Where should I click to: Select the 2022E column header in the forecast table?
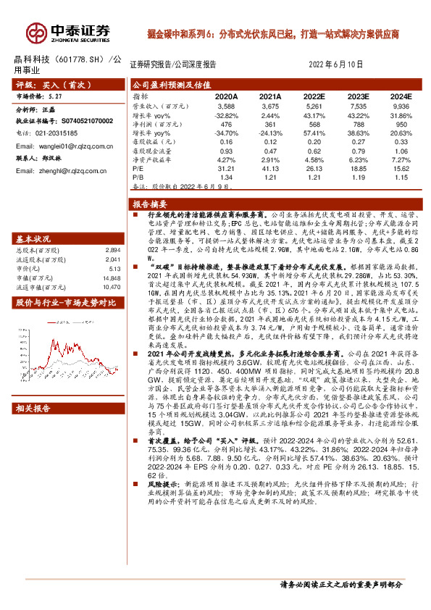pos(314,96)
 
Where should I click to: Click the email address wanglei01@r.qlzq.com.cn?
pos(66,146)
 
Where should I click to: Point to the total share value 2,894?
pos(113,249)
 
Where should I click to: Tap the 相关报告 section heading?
pos(33,409)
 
